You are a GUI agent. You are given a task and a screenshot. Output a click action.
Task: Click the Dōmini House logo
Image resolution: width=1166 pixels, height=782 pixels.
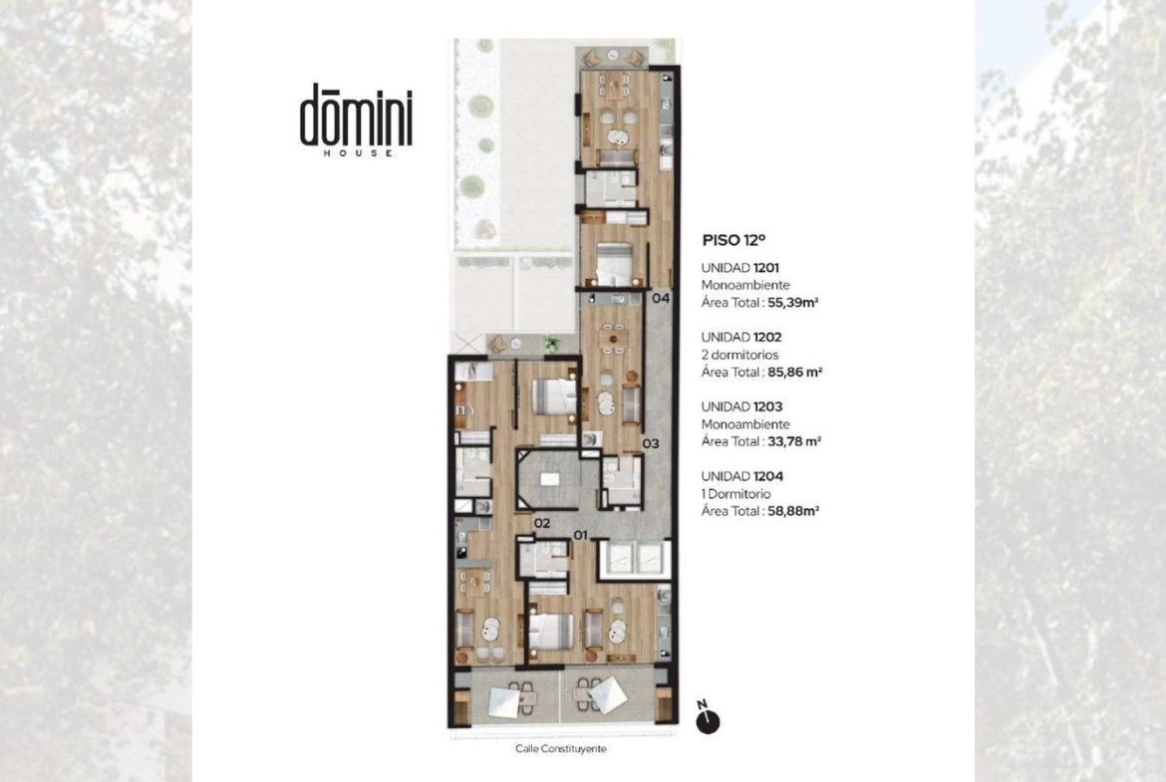(x=356, y=120)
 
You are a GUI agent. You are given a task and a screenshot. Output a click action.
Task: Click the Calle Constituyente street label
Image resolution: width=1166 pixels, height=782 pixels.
(x=561, y=748)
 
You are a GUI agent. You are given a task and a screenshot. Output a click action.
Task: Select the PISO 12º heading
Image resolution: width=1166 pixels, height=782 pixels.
(x=733, y=240)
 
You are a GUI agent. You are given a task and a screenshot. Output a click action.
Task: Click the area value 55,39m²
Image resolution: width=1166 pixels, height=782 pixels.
(x=792, y=303)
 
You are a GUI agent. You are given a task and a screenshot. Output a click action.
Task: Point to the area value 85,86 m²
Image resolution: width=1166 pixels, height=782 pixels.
(x=795, y=372)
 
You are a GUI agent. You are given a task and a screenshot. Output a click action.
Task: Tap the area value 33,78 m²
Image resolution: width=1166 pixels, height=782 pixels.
(x=794, y=441)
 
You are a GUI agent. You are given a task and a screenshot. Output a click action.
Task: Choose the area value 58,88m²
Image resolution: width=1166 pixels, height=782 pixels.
(x=793, y=511)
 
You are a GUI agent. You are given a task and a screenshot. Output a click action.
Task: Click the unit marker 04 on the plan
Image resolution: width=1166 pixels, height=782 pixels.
(x=661, y=298)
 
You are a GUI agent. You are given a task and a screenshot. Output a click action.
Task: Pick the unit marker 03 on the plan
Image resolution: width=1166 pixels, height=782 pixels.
(x=651, y=443)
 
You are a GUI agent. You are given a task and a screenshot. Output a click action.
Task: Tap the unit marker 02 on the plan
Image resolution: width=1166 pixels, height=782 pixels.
(x=542, y=523)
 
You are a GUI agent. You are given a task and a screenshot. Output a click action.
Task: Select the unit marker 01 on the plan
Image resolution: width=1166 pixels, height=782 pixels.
(x=581, y=535)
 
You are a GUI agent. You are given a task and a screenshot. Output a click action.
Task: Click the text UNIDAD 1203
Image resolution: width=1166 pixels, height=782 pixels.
(x=742, y=406)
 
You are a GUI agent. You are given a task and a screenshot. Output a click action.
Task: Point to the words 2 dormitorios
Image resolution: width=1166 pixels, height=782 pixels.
(x=739, y=355)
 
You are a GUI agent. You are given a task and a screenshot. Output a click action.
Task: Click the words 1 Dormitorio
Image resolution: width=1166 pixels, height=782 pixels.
(x=736, y=493)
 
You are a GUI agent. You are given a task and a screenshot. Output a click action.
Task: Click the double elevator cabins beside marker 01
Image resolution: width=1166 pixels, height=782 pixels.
(x=634, y=558)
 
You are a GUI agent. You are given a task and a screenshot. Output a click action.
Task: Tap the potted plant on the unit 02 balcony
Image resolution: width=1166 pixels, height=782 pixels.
(x=551, y=344)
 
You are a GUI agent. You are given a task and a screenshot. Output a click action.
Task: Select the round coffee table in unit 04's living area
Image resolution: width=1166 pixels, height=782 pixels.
(x=617, y=137)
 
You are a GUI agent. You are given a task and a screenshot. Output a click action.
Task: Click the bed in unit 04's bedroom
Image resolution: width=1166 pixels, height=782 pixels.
(x=614, y=263)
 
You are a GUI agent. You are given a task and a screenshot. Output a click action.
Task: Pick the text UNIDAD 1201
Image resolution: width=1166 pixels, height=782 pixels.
(x=740, y=268)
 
